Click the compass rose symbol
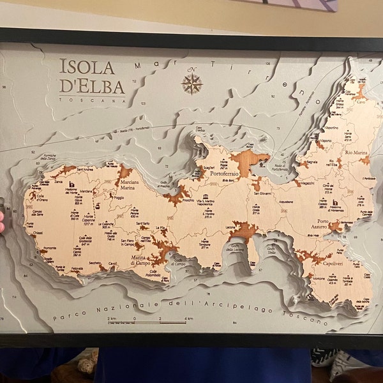pos(191,82)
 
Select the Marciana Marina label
pos(128,185)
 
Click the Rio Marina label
pos(357,152)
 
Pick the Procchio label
pos(188,200)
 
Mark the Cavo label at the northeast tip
pos(361,101)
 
